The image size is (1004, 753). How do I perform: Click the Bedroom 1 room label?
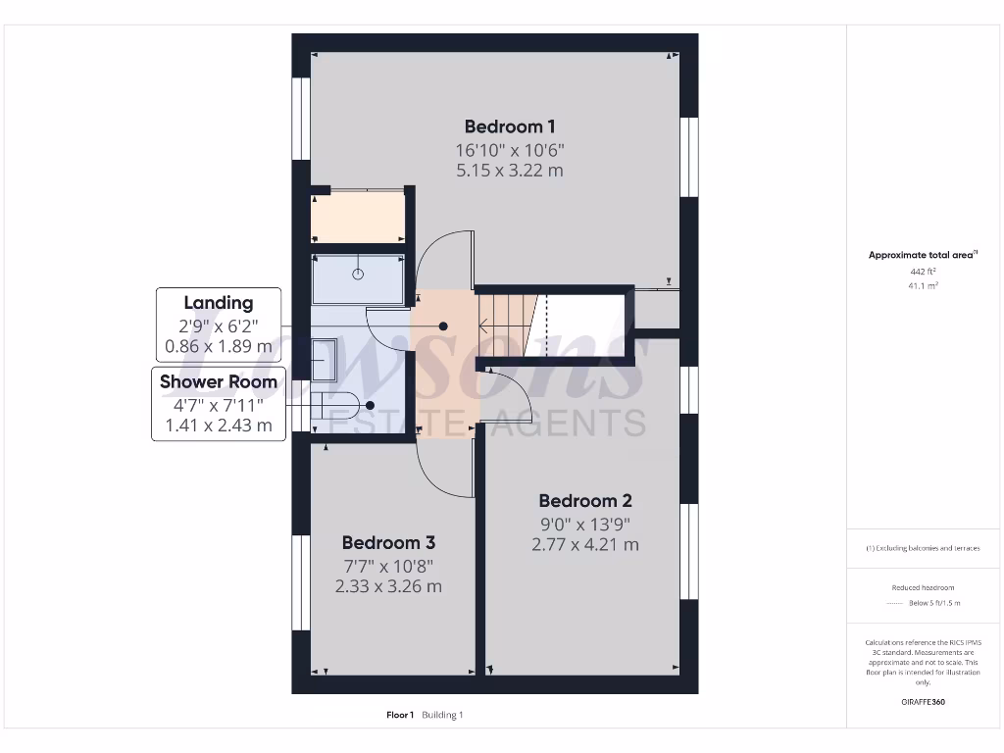pos(510,126)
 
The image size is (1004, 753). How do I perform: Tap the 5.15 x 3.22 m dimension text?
pos(510,171)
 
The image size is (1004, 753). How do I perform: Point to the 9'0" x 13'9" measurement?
pos(584,524)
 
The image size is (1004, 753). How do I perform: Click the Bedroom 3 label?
pos(388,543)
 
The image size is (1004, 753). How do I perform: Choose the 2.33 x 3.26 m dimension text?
pos(388,586)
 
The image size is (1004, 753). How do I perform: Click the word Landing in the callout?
pos(219,303)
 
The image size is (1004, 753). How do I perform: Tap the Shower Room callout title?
pos(219,381)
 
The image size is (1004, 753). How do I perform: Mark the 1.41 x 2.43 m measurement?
pos(219,425)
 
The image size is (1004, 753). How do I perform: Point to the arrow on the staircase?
pos(485,326)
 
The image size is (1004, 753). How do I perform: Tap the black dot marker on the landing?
pos(443,326)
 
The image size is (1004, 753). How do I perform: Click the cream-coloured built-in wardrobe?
pos(358,217)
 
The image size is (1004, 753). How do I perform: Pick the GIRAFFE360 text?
pos(923,702)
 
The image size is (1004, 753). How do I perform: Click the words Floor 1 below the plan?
pos(400,715)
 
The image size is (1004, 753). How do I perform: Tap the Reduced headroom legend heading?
pos(923,587)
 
